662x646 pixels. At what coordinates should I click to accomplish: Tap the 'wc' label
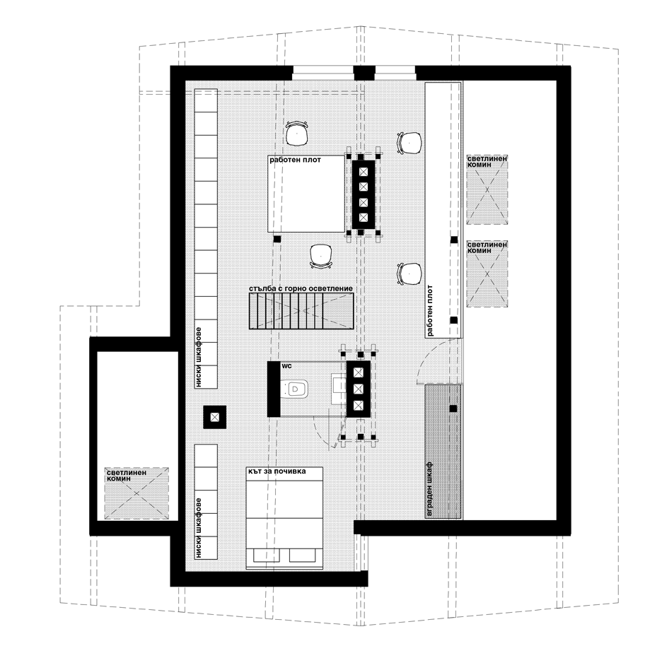click(x=286, y=366)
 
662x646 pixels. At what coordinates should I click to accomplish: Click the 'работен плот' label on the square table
click(x=295, y=160)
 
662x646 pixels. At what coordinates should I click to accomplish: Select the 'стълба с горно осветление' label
click(x=301, y=289)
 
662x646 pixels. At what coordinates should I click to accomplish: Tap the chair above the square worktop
click(x=297, y=134)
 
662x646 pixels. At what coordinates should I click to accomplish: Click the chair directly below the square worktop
click(x=321, y=256)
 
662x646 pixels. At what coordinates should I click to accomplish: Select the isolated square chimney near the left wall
click(x=215, y=417)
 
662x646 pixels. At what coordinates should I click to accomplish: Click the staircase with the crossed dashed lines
click(x=301, y=311)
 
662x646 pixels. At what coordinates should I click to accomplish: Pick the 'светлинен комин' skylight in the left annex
click(x=137, y=493)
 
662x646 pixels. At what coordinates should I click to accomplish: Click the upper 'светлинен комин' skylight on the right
click(x=487, y=189)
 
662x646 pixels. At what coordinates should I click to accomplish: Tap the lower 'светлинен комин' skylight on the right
click(x=487, y=274)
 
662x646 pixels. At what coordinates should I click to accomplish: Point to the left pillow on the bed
click(x=267, y=555)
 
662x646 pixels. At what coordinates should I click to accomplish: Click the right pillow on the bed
click(x=303, y=555)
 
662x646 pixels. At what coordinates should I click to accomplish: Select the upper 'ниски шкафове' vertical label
click(x=199, y=357)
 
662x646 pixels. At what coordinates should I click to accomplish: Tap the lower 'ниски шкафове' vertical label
click(x=199, y=528)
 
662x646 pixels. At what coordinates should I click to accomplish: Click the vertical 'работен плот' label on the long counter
click(x=430, y=310)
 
